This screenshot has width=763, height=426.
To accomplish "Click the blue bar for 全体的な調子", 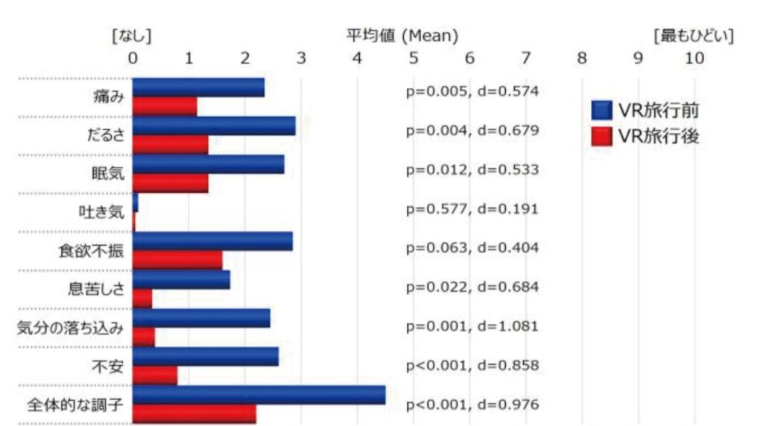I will click(x=259, y=395).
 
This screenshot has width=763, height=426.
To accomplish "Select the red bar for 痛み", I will click(x=165, y=106).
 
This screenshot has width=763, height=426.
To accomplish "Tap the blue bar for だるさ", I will click(x=214, y=126).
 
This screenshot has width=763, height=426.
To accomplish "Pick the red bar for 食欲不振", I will click(x=177, y=260).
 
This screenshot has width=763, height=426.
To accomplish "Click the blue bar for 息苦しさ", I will click(x=181, y=279).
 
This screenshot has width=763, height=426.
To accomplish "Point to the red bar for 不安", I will click(x=155, y=375).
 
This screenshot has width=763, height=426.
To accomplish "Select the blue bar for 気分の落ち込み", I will click(x=201, y=318).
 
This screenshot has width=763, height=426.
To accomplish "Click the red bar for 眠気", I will click(x=171, y=183).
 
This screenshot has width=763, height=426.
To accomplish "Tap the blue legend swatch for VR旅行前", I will click(x=601, y=111).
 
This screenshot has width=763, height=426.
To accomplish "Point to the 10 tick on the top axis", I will click(x=694, y=58).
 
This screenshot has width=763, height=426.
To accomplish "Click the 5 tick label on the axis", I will click(x=414, y=58).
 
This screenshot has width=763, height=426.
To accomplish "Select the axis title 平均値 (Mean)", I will click(x=402, y=35).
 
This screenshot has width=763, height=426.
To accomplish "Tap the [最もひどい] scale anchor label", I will click(x=693, y=35).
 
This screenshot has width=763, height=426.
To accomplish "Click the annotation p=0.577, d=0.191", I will click(x=472, y=209).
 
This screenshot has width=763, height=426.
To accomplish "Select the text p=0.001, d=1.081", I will click(x=472, y=325).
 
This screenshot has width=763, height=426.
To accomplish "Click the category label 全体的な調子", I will click(x=75, y=406).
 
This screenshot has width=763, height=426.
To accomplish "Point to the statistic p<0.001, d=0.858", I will click(x=472, y=365).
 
